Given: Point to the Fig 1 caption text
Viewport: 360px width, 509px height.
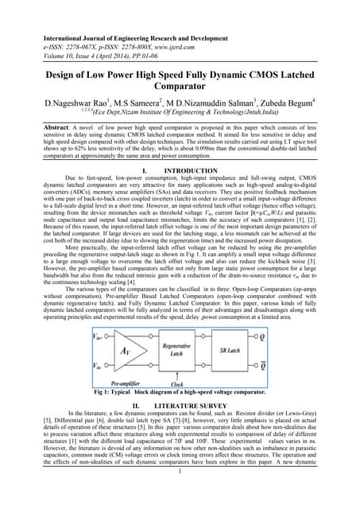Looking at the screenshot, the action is tap(180, 394).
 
